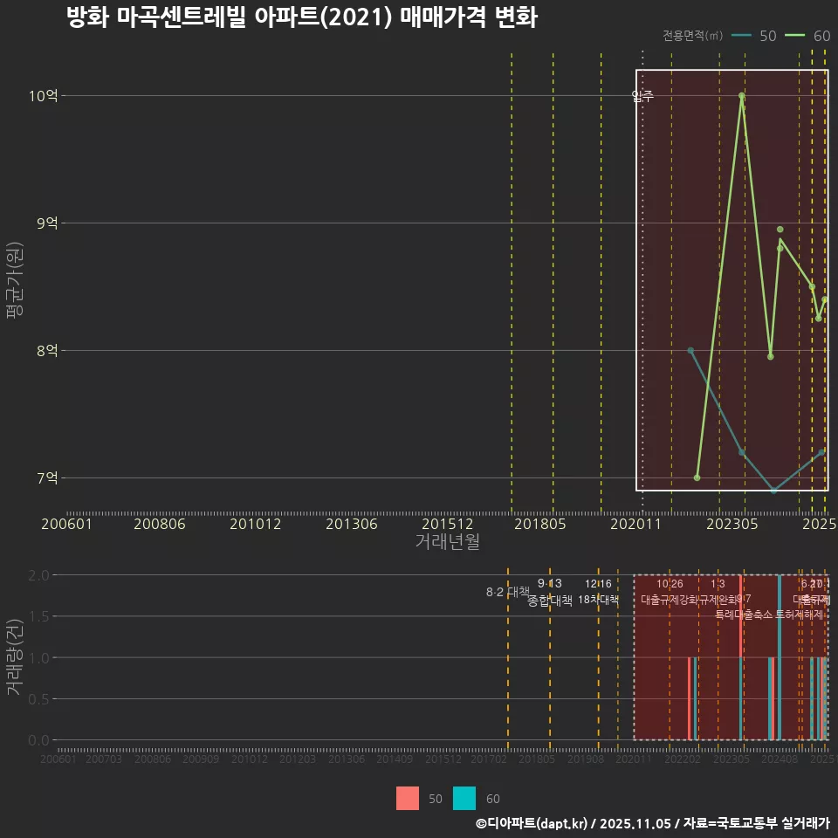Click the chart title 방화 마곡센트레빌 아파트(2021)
[301, 17]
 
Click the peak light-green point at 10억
[741, 96]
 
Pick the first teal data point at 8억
[690, 351]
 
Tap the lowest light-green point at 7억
[697, 477]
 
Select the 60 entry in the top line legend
[809, 36]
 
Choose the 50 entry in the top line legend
[756, 36]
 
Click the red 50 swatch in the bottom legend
[408, 799]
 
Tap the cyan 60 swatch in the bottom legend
[464, 799]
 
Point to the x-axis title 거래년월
[447, 542]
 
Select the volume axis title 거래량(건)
[15, 657]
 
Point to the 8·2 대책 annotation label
[508, 592]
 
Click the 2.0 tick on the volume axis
[38, 575]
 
